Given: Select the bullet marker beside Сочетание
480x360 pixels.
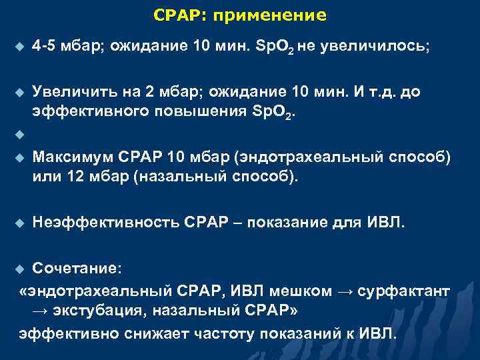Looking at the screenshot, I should click(18, 268).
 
